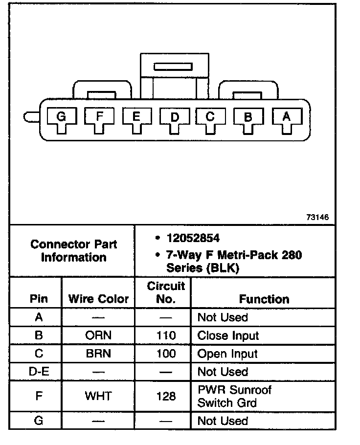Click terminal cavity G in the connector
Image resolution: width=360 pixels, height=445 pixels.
point(61,118)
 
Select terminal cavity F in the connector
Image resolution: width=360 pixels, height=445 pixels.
point(99,117)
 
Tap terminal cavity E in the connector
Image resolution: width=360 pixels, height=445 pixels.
point(136,117)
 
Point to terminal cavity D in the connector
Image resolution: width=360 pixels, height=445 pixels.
point(174,118)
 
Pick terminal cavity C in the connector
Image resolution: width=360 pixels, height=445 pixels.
point(211,117)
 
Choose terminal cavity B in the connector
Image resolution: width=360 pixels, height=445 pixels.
point(248,118)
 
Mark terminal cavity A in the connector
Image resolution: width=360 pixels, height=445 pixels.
point(287,117)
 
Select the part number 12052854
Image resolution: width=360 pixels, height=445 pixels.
point(193,239)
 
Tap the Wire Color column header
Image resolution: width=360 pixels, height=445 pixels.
point(98,299)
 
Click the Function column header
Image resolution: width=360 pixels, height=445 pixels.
point(264,299)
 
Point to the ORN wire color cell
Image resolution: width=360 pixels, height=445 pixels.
point(98,335)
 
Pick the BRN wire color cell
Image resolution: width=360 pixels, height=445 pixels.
point(98,354)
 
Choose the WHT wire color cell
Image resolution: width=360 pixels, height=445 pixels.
point(98,396)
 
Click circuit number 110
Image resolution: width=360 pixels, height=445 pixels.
point(166,335)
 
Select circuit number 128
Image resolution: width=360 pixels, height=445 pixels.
point(166,396)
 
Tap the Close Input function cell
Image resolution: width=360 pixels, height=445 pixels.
point(228,335)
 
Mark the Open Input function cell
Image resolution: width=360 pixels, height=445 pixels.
point(227,354)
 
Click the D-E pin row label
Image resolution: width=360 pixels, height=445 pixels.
point(39,372)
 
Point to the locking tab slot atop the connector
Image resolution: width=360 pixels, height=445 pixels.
point(173,67)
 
